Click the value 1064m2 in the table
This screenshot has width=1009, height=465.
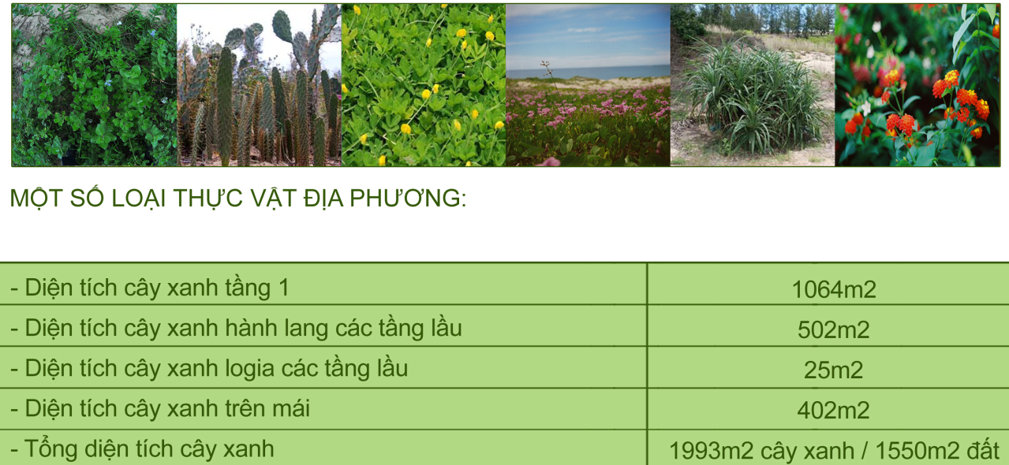pyautogui.click(x=833, y=289)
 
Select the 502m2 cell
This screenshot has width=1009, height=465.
pyautogui.click(x=833, y=329)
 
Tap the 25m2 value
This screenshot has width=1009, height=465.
pyautogui.click(x=833, y=370)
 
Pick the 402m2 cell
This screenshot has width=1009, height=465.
pyautogui.click(x=833, y=411)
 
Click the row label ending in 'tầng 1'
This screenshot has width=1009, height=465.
pyautogui.click(x=149, y=288)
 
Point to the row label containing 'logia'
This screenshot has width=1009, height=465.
pyautogui.click(x=208, y=368)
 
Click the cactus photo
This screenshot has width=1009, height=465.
pyautogui.click(x=259, y=85)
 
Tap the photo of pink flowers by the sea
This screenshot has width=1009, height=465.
pyautogui.click(x=588, y=85)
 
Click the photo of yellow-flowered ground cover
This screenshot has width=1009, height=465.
pyautogui.click(x=424, y=85)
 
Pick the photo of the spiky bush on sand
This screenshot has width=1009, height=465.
pyautogui.click(x=752, y=85)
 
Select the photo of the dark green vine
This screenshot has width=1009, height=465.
pyautogui.click(x=94, y=85)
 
